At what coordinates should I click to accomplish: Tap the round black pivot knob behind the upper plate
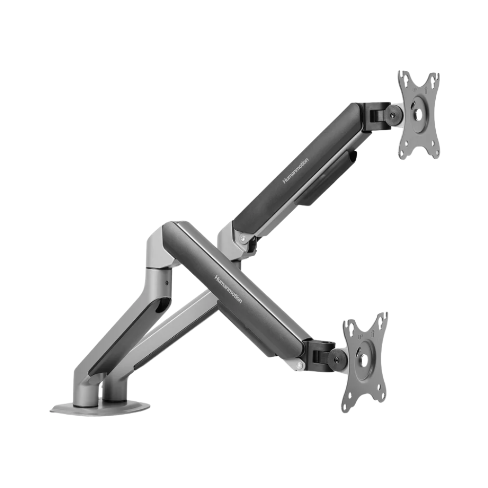(393, 115)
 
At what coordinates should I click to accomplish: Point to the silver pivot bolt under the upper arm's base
(243, 239)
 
